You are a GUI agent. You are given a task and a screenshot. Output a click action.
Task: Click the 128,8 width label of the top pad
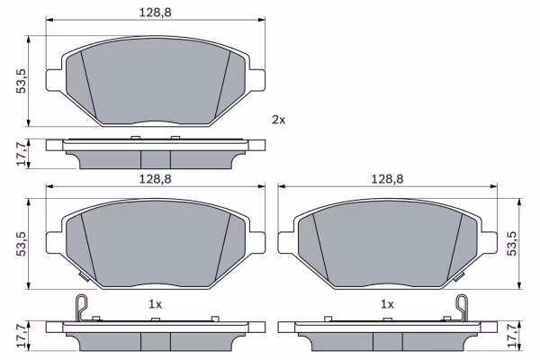point(155,13)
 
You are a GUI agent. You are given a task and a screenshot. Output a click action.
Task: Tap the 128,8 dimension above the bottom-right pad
point(387,179)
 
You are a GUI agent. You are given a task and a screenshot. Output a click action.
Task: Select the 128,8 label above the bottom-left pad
point(155,179)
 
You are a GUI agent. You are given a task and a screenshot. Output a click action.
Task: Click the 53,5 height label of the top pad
point(22,81)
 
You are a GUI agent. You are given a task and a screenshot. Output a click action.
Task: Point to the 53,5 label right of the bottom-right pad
point(512,244)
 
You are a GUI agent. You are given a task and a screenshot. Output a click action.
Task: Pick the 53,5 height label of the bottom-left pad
point(22,244)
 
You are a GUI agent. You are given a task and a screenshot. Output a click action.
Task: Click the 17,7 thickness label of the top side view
point(22,154)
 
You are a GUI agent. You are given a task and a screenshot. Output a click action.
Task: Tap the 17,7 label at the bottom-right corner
point(512,336)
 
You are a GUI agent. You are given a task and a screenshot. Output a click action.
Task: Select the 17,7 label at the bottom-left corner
point(22,336)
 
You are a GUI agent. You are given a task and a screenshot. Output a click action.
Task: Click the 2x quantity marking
point(279,120)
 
